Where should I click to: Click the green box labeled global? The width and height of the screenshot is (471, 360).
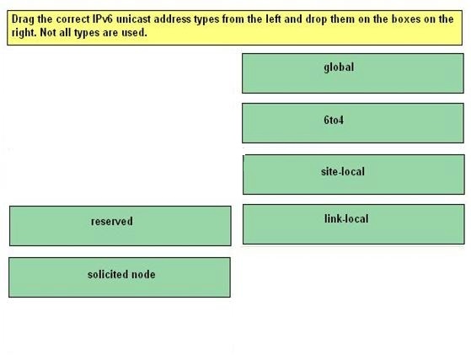353,73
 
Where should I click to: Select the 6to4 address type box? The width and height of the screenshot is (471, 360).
353,123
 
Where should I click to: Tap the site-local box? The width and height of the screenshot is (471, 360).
354,175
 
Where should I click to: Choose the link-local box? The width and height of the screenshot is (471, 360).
354,224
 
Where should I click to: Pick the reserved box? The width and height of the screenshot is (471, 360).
120,226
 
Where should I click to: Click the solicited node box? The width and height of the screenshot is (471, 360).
120,277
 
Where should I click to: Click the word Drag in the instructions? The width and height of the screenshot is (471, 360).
23,20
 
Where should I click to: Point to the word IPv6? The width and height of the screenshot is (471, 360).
101,19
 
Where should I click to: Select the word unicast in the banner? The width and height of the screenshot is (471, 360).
133,19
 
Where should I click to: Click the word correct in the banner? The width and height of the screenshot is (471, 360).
71,19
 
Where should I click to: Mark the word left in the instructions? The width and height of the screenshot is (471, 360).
273,19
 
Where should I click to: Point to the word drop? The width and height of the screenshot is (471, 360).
317,20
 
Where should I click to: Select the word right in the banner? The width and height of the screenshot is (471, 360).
24,32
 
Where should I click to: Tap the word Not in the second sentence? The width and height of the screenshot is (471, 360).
48,32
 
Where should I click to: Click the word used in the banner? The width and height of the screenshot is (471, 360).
134,32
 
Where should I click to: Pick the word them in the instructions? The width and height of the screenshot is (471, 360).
343,19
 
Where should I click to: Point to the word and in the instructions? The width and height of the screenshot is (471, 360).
293,19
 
